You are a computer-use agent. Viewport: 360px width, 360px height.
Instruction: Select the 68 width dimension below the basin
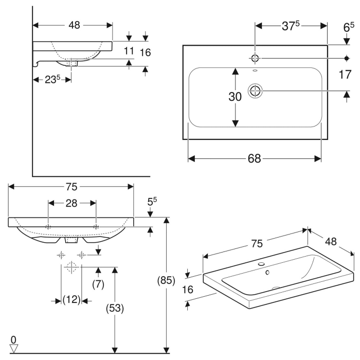click(x=254, y=159)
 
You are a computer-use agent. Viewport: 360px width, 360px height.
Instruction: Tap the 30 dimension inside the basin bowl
click(x=235, y=97)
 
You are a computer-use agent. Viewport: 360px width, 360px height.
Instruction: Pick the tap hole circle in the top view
click(x=256, y=58)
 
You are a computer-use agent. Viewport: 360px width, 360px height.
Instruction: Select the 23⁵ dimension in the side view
click(x=51, y=80)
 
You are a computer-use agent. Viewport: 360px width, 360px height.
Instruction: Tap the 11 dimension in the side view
click(x=129, y=51)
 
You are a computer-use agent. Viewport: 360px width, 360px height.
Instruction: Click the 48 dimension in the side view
click(x=75, y=25)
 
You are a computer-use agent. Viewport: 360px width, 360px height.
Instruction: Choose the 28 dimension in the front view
click(x=71, y=203)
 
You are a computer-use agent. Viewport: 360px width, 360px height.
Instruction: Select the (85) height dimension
click(x=167, y=281)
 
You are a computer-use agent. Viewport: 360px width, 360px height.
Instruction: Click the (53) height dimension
click(x=116, y=308)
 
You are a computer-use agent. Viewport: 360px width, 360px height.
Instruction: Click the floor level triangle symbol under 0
click(x=13, y=348)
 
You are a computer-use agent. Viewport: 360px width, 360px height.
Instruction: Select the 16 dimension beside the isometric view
click(x=188, y=290)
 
